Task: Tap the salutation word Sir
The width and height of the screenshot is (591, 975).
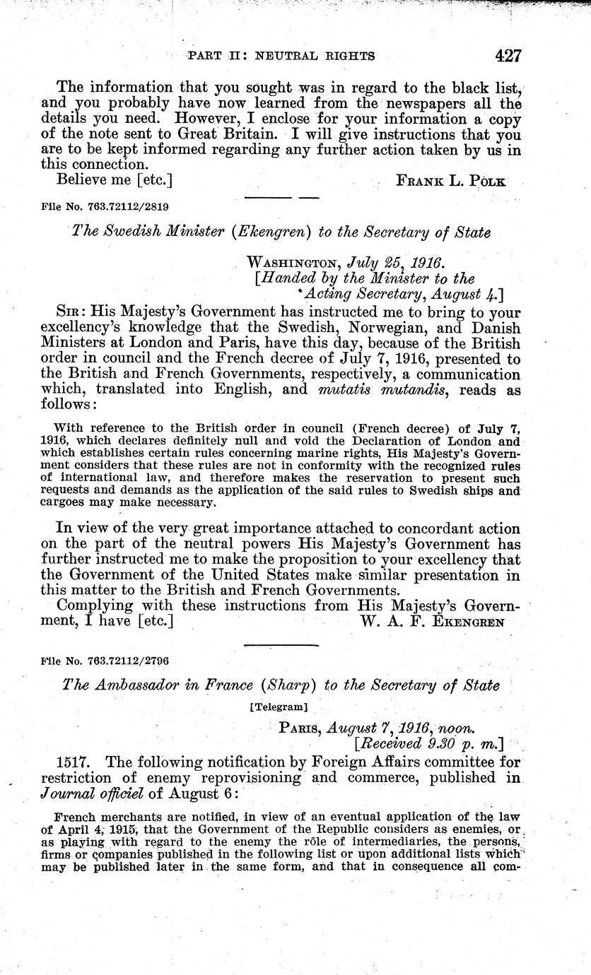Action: pos(71,313)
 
